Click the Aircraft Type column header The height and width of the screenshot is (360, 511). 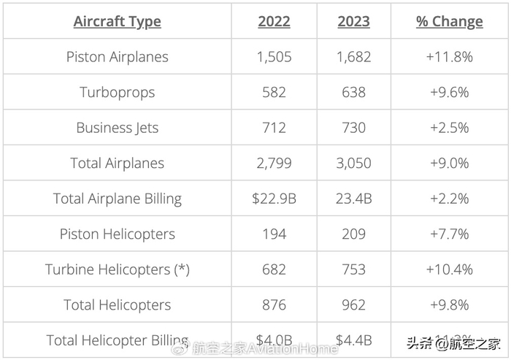tap(117, 22)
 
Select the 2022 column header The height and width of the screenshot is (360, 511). tap(274, 22)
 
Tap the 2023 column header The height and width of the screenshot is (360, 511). tap(353, 22)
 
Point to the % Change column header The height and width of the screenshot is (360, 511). tap(449, 22)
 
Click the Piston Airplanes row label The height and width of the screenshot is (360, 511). tap(117, 57)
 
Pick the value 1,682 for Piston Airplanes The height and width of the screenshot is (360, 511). tap(353, 57)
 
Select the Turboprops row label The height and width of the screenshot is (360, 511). tap(117, 93)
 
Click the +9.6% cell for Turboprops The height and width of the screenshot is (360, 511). tap(449, 93)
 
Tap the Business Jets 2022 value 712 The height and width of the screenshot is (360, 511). tap(274, 128)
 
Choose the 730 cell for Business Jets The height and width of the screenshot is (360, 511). tap(353, 128)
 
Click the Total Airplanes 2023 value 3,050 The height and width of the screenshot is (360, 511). tap(353, 163)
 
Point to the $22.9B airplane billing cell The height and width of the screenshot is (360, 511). tap(274, 199)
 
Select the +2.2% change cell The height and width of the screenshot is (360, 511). tap(449, 199)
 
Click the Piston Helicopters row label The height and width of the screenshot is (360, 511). tap(117, 234)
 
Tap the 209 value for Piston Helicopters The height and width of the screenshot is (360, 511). tap(353, 234)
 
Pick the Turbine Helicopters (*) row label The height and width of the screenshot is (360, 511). tap(117, 269)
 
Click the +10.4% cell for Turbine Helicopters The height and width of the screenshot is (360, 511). tap(449, 269)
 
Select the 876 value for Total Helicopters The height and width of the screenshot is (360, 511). tap(274, 305)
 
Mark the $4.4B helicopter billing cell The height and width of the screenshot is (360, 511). tap(353, 340)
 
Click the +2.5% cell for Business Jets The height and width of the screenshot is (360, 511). tap(449, 128)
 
